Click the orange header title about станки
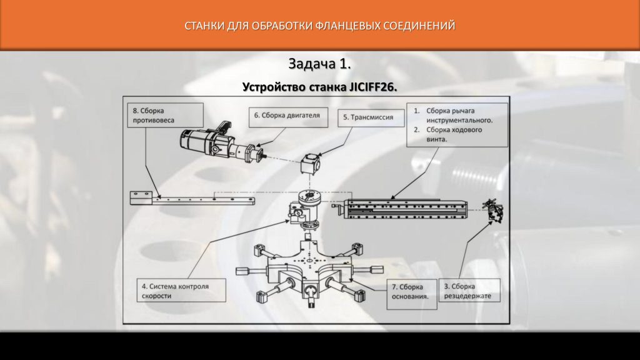pos(320,26)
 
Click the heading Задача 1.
pos(320,64)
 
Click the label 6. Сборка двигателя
pos(287,115)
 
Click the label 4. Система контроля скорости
pos(181,291)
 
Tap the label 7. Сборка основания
pos(410,291)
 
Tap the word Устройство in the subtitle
pos(272,87)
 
